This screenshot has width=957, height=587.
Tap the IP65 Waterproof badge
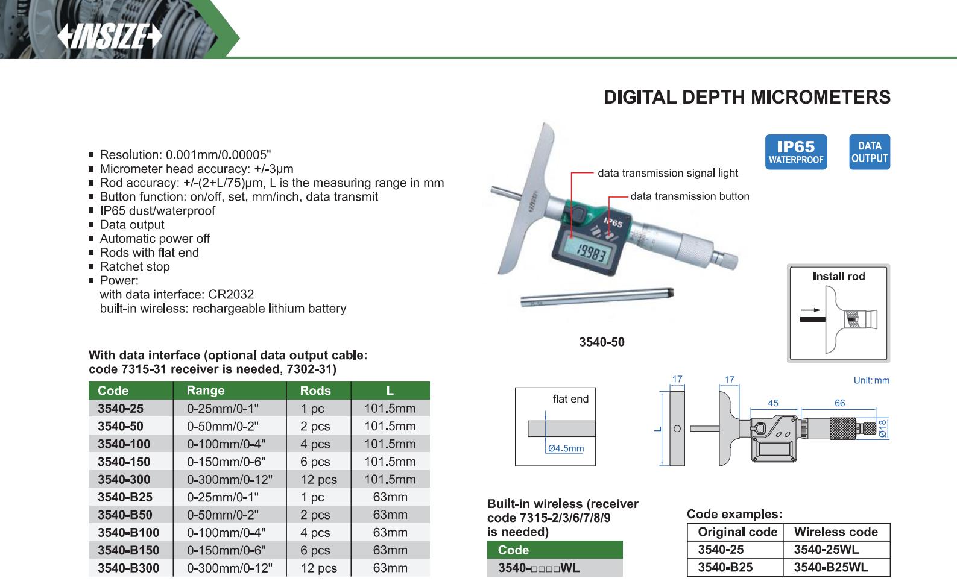(x=795, y=152)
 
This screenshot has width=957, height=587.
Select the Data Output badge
(x=870, y=152)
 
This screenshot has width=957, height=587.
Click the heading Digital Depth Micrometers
(x=747, y=97)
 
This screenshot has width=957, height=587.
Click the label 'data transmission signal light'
(x=668, y=173)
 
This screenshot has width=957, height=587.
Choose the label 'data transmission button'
(x=689, y=196)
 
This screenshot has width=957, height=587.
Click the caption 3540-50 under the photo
(x=601, y=342)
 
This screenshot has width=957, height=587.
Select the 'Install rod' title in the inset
(x=838, y=277)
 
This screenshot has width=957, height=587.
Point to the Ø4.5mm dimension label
(x=566, y=448)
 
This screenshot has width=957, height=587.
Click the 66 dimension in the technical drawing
(x=839, y=403)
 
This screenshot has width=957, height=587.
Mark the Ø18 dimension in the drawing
(x=882, y=428)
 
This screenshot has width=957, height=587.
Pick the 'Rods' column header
(x=315, y=391)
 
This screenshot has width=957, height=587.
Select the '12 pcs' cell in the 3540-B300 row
(x=318, y=568)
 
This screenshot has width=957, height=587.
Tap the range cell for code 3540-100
(x=226, y=444)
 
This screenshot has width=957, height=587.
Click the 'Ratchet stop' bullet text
(x=134, y=266)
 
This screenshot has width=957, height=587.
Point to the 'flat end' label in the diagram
(x=570, y=399)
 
